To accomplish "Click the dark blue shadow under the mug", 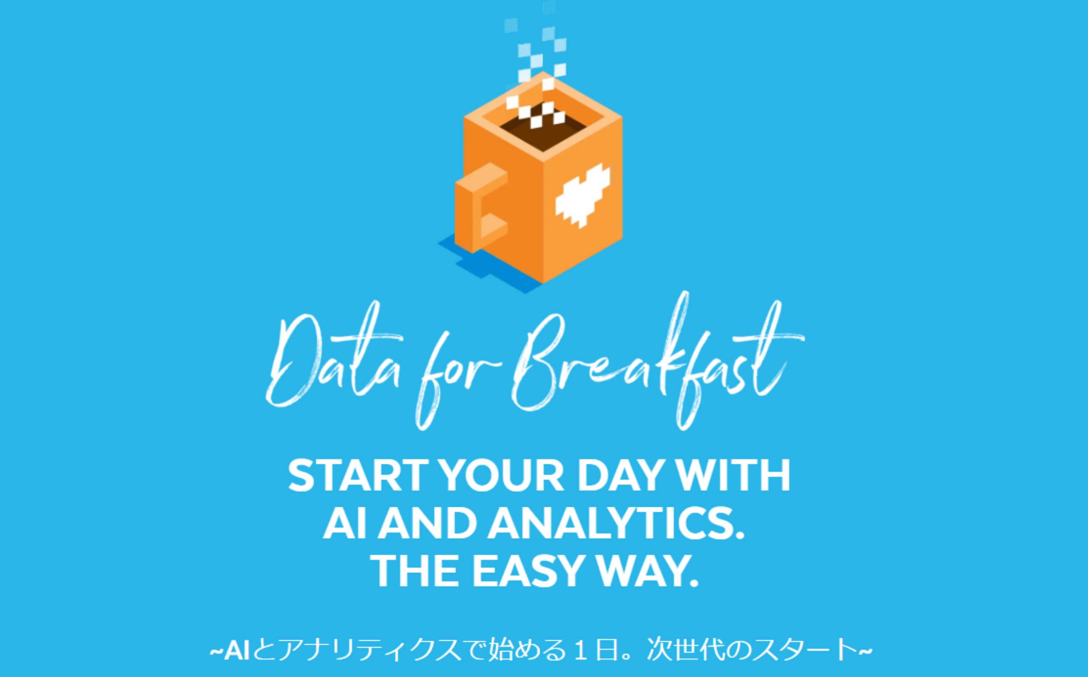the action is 484,264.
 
